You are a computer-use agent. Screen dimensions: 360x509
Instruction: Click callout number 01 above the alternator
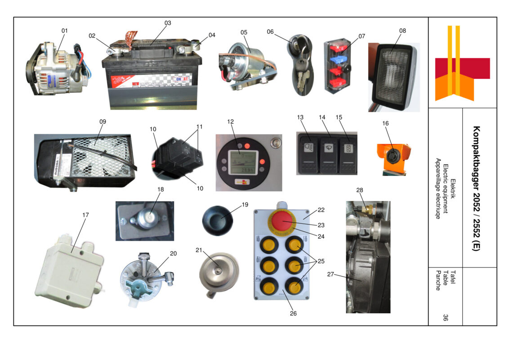tap(64, 31)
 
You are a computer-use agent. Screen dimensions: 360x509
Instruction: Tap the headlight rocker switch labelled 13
tap(308, 153)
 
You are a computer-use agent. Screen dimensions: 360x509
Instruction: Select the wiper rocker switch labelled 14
tap(327, 153)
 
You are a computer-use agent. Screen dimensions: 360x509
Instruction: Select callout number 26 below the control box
tap(293, 314)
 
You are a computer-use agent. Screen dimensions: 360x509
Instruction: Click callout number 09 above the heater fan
tap(103, 121)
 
